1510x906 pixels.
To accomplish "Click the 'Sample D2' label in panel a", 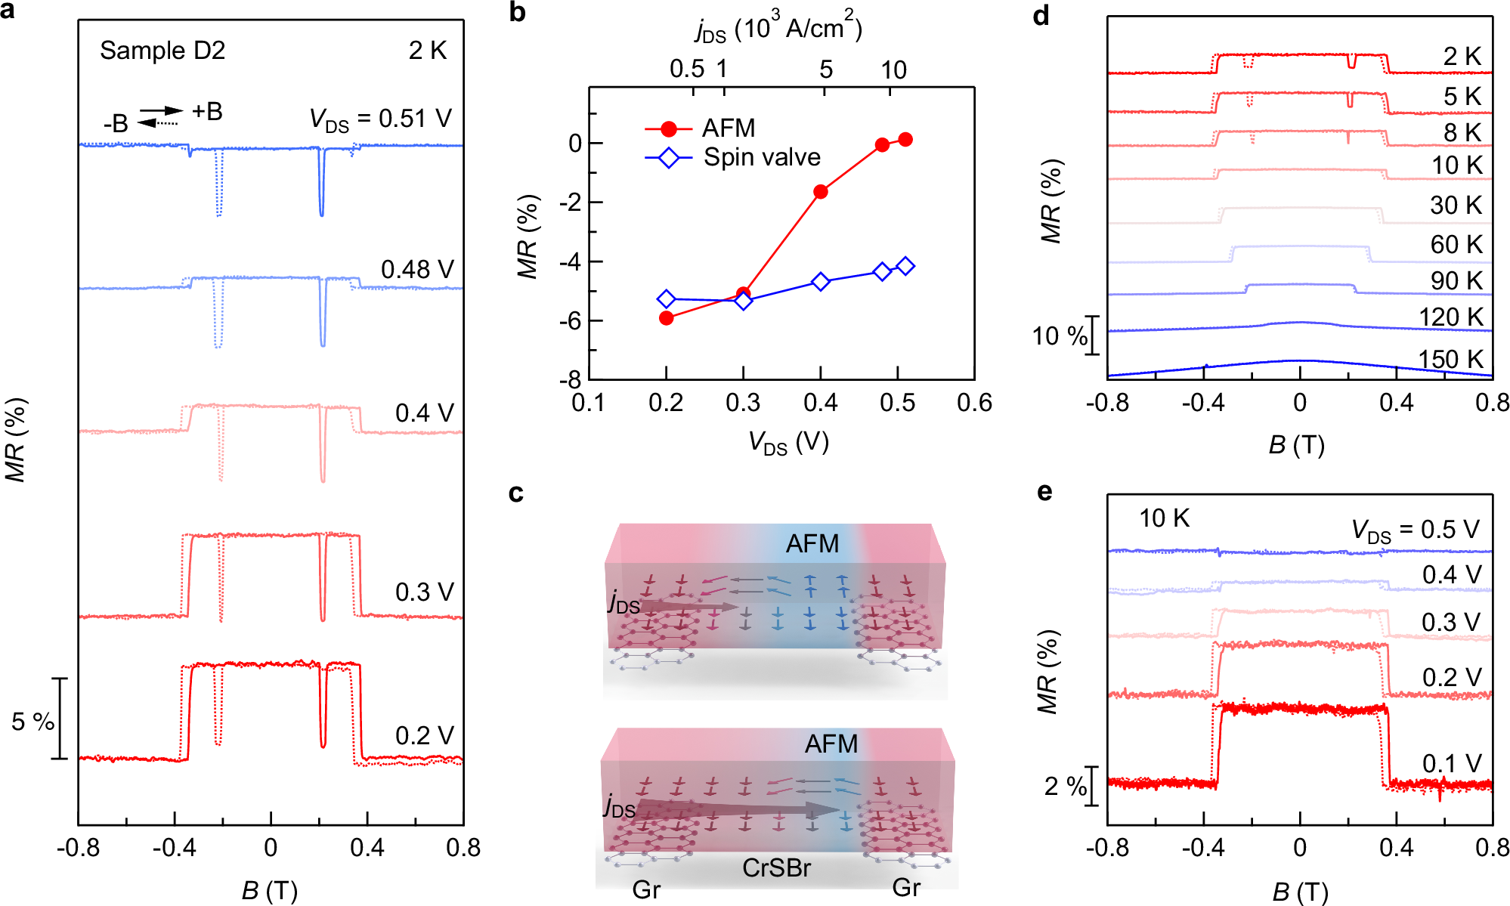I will (162, 51).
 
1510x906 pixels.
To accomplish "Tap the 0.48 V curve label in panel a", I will (417, 270).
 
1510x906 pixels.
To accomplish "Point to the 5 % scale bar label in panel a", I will (32, 722).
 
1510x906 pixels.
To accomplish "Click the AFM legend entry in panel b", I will (728, 128).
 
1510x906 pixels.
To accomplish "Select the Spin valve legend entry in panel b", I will (762, 157).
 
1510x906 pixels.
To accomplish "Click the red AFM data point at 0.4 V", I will (820, 192).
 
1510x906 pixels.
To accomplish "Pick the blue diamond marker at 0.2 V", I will (666, 299).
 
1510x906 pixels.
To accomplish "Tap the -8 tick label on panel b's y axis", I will (570, 379).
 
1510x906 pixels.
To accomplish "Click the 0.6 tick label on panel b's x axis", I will (974, 403).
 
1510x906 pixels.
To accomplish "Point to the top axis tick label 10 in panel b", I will (893, 70).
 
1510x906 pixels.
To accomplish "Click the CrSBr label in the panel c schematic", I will (776, 868).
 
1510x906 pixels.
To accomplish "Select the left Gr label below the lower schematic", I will (646, 889).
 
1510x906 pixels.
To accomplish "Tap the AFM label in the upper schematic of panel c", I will (812, 543).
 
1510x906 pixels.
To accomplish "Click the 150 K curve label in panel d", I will (1450, 359).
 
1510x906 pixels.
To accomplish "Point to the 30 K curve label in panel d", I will (1456, 206).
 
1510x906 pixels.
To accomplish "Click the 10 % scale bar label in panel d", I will (1059, 335).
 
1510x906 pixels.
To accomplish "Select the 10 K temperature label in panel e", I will (1164, 518).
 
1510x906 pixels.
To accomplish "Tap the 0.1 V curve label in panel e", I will (1450, 763).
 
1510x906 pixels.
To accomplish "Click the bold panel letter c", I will (516, 493).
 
